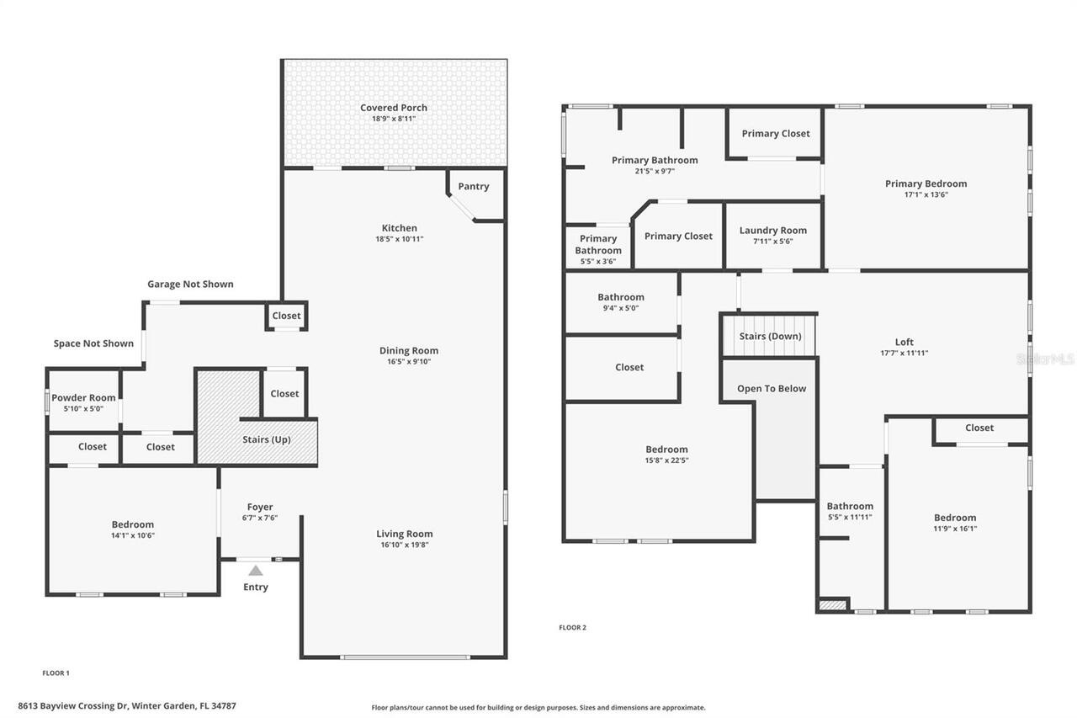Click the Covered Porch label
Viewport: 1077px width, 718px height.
pyautogui.click(x=394, y=108)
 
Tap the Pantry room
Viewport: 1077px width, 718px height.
pyautogui.click(x=474, y=187)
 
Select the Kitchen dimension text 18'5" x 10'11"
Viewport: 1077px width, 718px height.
pyautogui.click(x=399, y=239)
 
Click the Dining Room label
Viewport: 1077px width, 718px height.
pyautogui.click(x=408, y=351)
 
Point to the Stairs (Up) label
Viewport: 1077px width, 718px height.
pyautogui.click(x=267, y=439)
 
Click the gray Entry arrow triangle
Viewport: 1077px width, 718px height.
pyautogui.click(x=256, y=571)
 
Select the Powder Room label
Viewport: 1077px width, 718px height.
pyautogui.click(x=83, y=398)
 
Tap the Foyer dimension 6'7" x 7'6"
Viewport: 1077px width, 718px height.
pyautogui.click(x=260, y=518)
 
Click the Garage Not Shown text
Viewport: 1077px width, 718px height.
pyautogui.click(x=190, y=285)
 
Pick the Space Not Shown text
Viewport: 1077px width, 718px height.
pyautogui.click(x=93, y=343)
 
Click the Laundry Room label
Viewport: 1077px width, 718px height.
pyautogui.click(x=772, y=231)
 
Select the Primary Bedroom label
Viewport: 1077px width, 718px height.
pyautogui.click(x=926, y=183)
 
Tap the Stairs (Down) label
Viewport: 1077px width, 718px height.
pyautogui.click(x=770, y=337)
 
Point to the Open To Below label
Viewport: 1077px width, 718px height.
pyautogui.click(x=772, y=389)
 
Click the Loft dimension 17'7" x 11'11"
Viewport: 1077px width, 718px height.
pyautogui.click(x=904, y=354)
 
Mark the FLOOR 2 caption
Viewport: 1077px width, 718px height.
pyautogui.click(x=573, y=627)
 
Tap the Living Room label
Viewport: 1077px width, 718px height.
pyautogui.click(x=404, y=534)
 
